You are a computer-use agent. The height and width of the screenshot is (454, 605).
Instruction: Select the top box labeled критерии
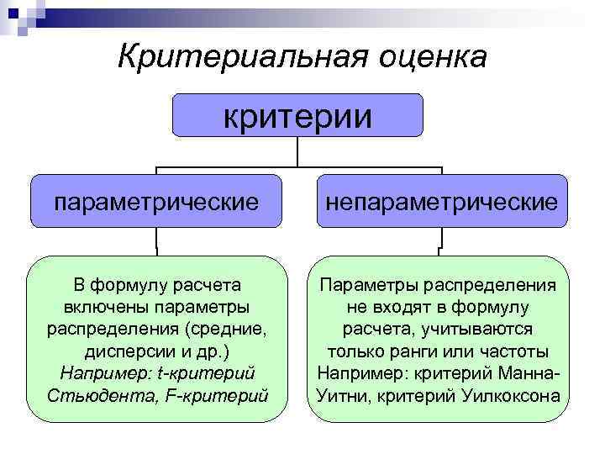[x=297, y=115]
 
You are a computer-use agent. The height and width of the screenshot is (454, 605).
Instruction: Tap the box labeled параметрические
[x=156, y=201]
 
